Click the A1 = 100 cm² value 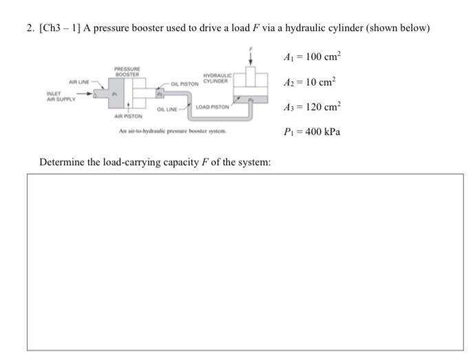click(x=312, y=56)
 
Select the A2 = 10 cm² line click(x=310, y=82)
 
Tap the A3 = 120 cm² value click(x=312, y=107)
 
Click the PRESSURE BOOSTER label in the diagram click(x=128, y=70)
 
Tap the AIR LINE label click(x=77, y=82)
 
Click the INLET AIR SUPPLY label click(x=58, y=96)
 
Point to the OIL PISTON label click(x=185, y=84)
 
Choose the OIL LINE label click(x=167, y=109)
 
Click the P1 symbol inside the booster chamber click(x=116, y=94)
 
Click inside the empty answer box click(x=245, y=262)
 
